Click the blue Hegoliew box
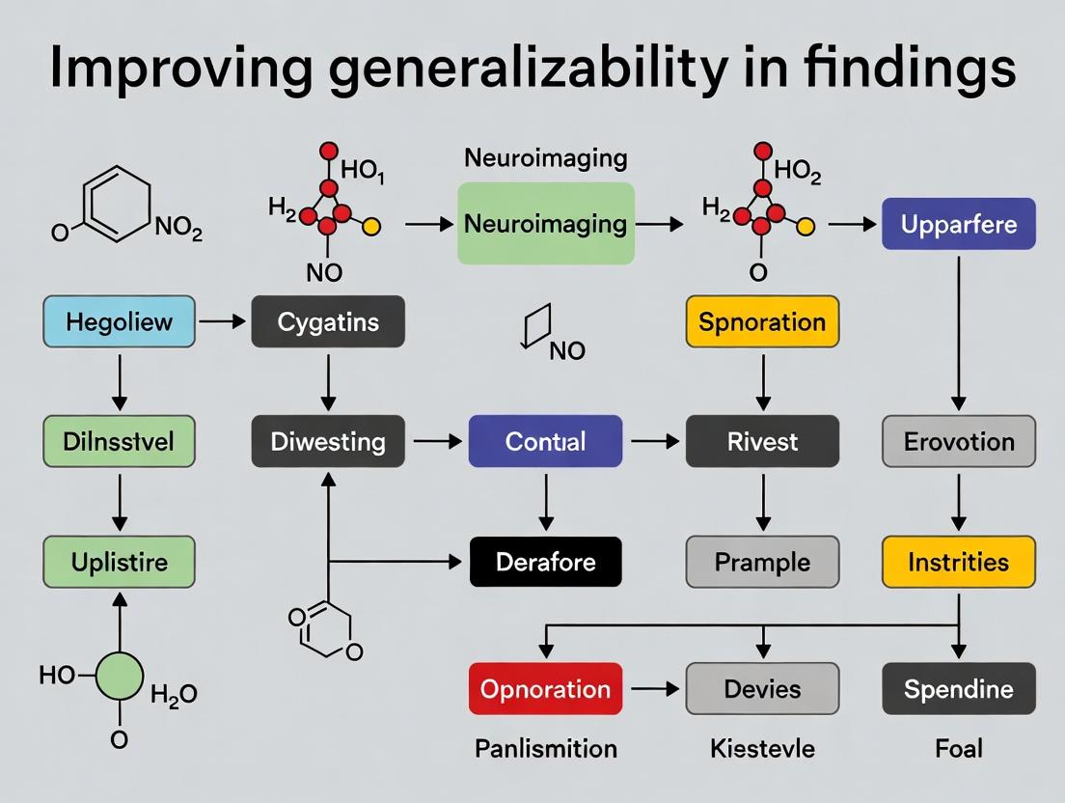(x=119, y=321)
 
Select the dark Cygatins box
(x=328, y=321)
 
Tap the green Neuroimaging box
(x=545, y=224)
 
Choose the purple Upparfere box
(x=958, y=224)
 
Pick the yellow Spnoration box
(x=762, y=321)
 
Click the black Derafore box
(x=545, y=561)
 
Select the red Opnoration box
(x=545, y=689)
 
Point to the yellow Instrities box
(x=958, y=561)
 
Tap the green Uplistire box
(x=119, y=561)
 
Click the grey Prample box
(x=762, y=561)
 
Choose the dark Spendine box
(x=958, y=689)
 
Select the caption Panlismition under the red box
(x=545, y=748)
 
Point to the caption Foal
(x=958, y=748)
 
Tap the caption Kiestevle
(x=762, y=748)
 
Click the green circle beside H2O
(x=120, y=674)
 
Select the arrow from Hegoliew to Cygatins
(x=223, y=321)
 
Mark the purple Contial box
(x=545, y=441)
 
